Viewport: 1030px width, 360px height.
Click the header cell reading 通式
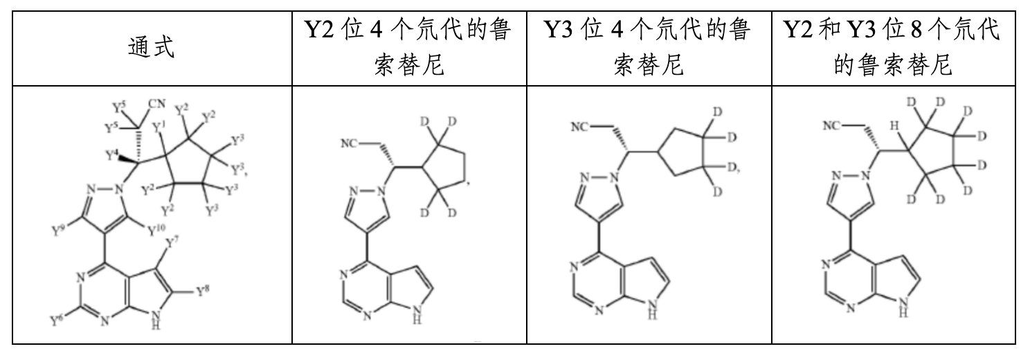152,48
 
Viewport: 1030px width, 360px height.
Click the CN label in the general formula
157,103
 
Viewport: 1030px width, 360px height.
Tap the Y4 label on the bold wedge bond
112,155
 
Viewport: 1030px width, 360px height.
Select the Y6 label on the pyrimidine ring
57,320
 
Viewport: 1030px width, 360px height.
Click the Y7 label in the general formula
172,242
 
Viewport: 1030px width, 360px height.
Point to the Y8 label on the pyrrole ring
203,291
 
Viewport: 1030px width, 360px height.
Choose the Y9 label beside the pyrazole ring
58,231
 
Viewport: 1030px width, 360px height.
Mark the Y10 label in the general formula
156,231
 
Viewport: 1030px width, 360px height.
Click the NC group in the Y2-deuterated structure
349,144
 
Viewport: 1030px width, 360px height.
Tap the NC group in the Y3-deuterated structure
580,127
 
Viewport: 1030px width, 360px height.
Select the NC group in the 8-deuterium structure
832,125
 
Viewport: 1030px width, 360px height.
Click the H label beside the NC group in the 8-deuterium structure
894,125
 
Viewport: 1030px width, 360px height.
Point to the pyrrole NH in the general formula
156,320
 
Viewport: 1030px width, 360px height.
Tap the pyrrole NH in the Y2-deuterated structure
417,314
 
